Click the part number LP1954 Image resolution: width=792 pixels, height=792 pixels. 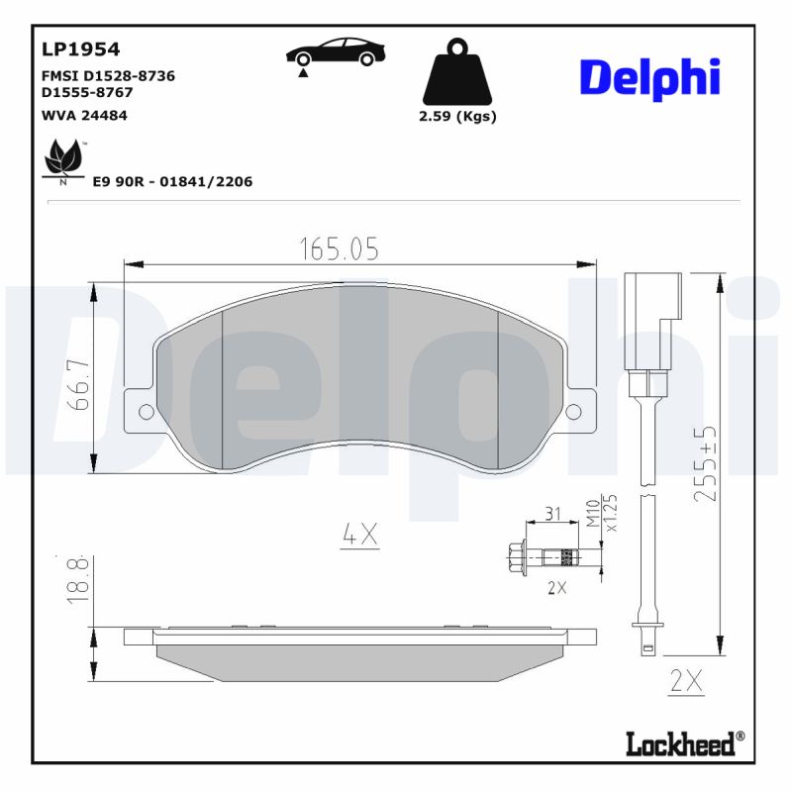[80, 49]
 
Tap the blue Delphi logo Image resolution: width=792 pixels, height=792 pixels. [649, 79]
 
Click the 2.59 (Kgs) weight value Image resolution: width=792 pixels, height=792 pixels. [457, 116]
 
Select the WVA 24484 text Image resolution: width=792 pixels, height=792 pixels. [84, 115]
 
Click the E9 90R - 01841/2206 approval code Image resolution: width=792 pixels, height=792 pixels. [172, 181]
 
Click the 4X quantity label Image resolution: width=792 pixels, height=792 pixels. [359, 535]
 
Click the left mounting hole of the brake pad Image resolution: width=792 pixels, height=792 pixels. [146, 412]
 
